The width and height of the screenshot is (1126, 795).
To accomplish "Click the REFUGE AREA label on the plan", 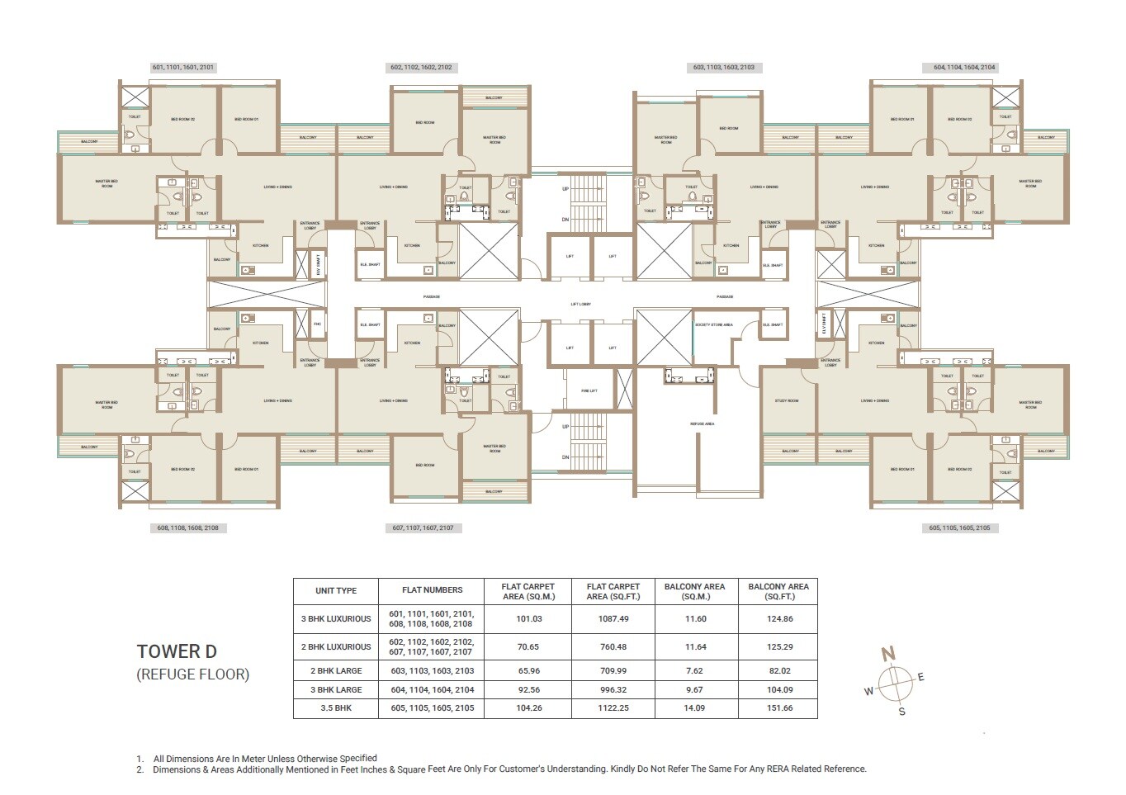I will point(702,424).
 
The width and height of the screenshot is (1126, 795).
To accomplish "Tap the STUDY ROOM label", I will point(787,400).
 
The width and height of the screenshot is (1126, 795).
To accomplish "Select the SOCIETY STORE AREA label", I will point(713,324).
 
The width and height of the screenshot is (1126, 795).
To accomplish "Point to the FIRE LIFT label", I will point(589,390).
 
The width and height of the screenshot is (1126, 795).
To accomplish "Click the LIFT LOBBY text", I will point(580,304).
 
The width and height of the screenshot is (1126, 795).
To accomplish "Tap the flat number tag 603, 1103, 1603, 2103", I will point(723,68).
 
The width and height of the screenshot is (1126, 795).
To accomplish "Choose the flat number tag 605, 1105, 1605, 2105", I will point(959,528).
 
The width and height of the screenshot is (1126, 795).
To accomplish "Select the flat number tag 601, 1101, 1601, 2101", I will point(183,68).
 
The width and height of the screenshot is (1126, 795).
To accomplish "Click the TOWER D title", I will point(177,651).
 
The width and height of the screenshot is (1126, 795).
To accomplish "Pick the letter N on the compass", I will point(888,655).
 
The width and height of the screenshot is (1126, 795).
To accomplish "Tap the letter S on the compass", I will point(901,711).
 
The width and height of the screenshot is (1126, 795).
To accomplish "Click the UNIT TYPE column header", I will point(336,590).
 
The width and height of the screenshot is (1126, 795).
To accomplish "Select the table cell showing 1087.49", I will point(613,618).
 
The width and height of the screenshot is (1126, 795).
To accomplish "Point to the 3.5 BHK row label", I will point(336,708).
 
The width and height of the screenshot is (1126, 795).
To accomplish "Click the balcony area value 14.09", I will point(694,708).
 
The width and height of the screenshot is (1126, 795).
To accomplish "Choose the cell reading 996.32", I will point(613,689).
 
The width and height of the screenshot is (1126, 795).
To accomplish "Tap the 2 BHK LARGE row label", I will point(336,670).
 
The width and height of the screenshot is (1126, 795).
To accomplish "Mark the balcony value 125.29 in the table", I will point(778,646).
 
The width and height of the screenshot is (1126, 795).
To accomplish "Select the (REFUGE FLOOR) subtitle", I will point(192,674).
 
